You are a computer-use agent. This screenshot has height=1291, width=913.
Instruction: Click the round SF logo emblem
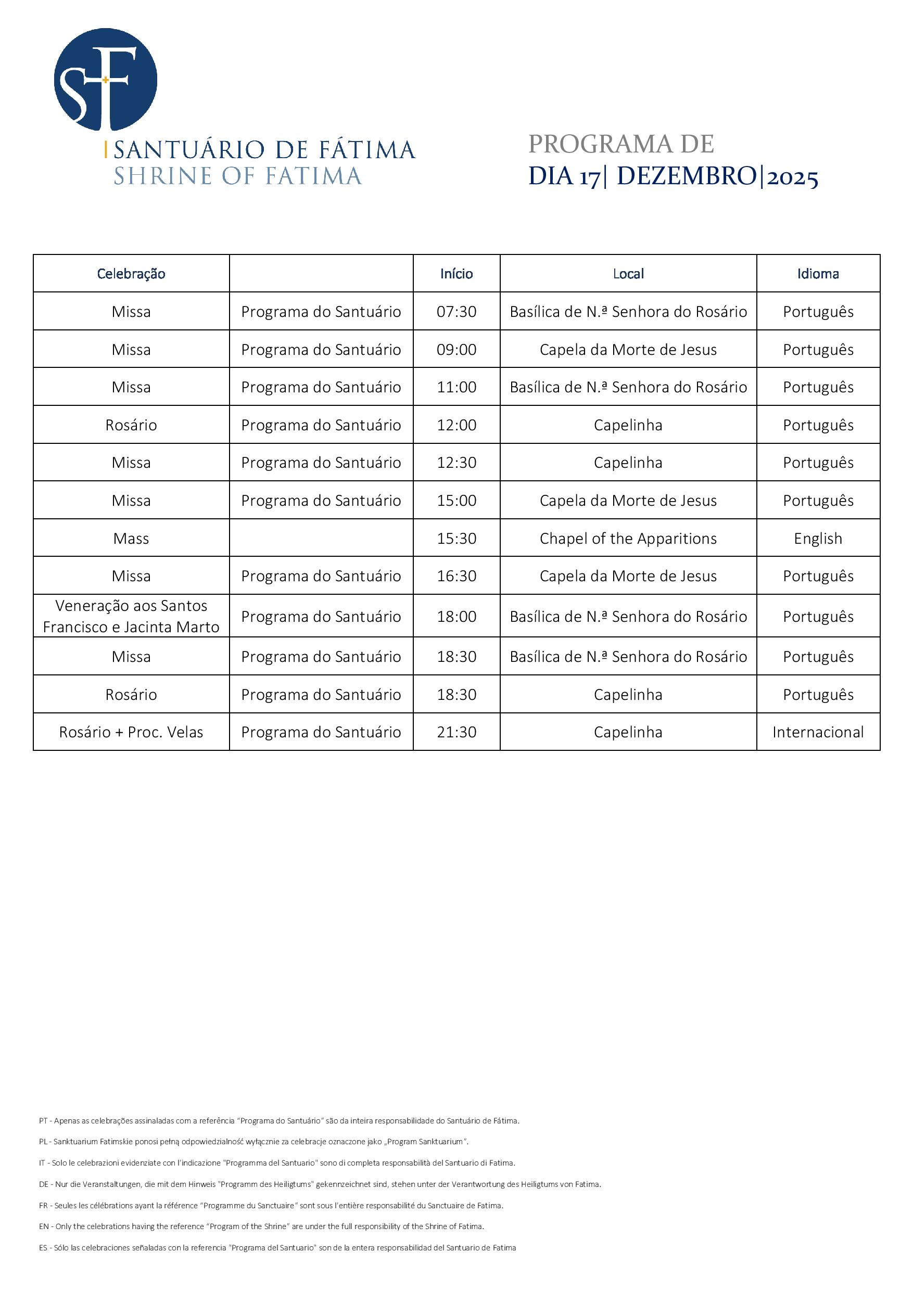click(105, 79)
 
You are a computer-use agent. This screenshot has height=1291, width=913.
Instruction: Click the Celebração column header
click(131, 274)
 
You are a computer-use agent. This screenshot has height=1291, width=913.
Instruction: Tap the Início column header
click(456, 274)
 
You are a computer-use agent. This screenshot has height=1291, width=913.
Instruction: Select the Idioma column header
click(818, 274)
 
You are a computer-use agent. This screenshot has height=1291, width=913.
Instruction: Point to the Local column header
click(628, 274)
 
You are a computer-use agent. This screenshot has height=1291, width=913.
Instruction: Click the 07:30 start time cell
click(456, 312)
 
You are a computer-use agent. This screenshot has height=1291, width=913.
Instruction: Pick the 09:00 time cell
click(456, 350)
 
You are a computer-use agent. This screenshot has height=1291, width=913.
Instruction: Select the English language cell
click(818, 539)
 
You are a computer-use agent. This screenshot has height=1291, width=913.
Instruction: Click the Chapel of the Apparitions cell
click(628, 539)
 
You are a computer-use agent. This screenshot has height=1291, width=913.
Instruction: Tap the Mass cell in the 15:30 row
click(131, 539)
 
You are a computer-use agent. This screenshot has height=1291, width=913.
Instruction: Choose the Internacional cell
click(818, 732)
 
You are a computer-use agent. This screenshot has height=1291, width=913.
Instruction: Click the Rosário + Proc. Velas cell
click(131, 732)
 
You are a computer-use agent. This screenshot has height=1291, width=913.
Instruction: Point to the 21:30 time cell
click(456, 732)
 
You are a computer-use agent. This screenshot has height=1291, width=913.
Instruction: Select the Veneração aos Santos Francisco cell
click(131, 616)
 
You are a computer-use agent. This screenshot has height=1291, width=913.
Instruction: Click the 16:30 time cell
click(456, 576)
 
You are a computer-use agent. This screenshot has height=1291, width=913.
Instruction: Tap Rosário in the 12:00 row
click(131, 425)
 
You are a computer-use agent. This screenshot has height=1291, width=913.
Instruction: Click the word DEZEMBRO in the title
click(686, 176)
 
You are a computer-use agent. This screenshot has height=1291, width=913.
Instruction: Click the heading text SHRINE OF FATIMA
click(237, 176)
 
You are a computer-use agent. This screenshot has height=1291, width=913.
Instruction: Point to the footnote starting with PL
click(253, 1142)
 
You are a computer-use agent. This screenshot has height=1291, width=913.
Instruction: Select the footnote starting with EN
click(262, 1226)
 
